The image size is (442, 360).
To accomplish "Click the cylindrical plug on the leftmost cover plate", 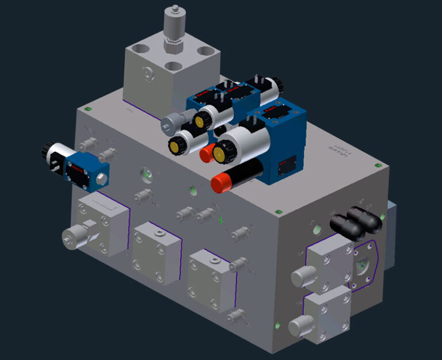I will click(74, 238).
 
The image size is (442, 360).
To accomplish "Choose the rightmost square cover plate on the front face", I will click(211, 278).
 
